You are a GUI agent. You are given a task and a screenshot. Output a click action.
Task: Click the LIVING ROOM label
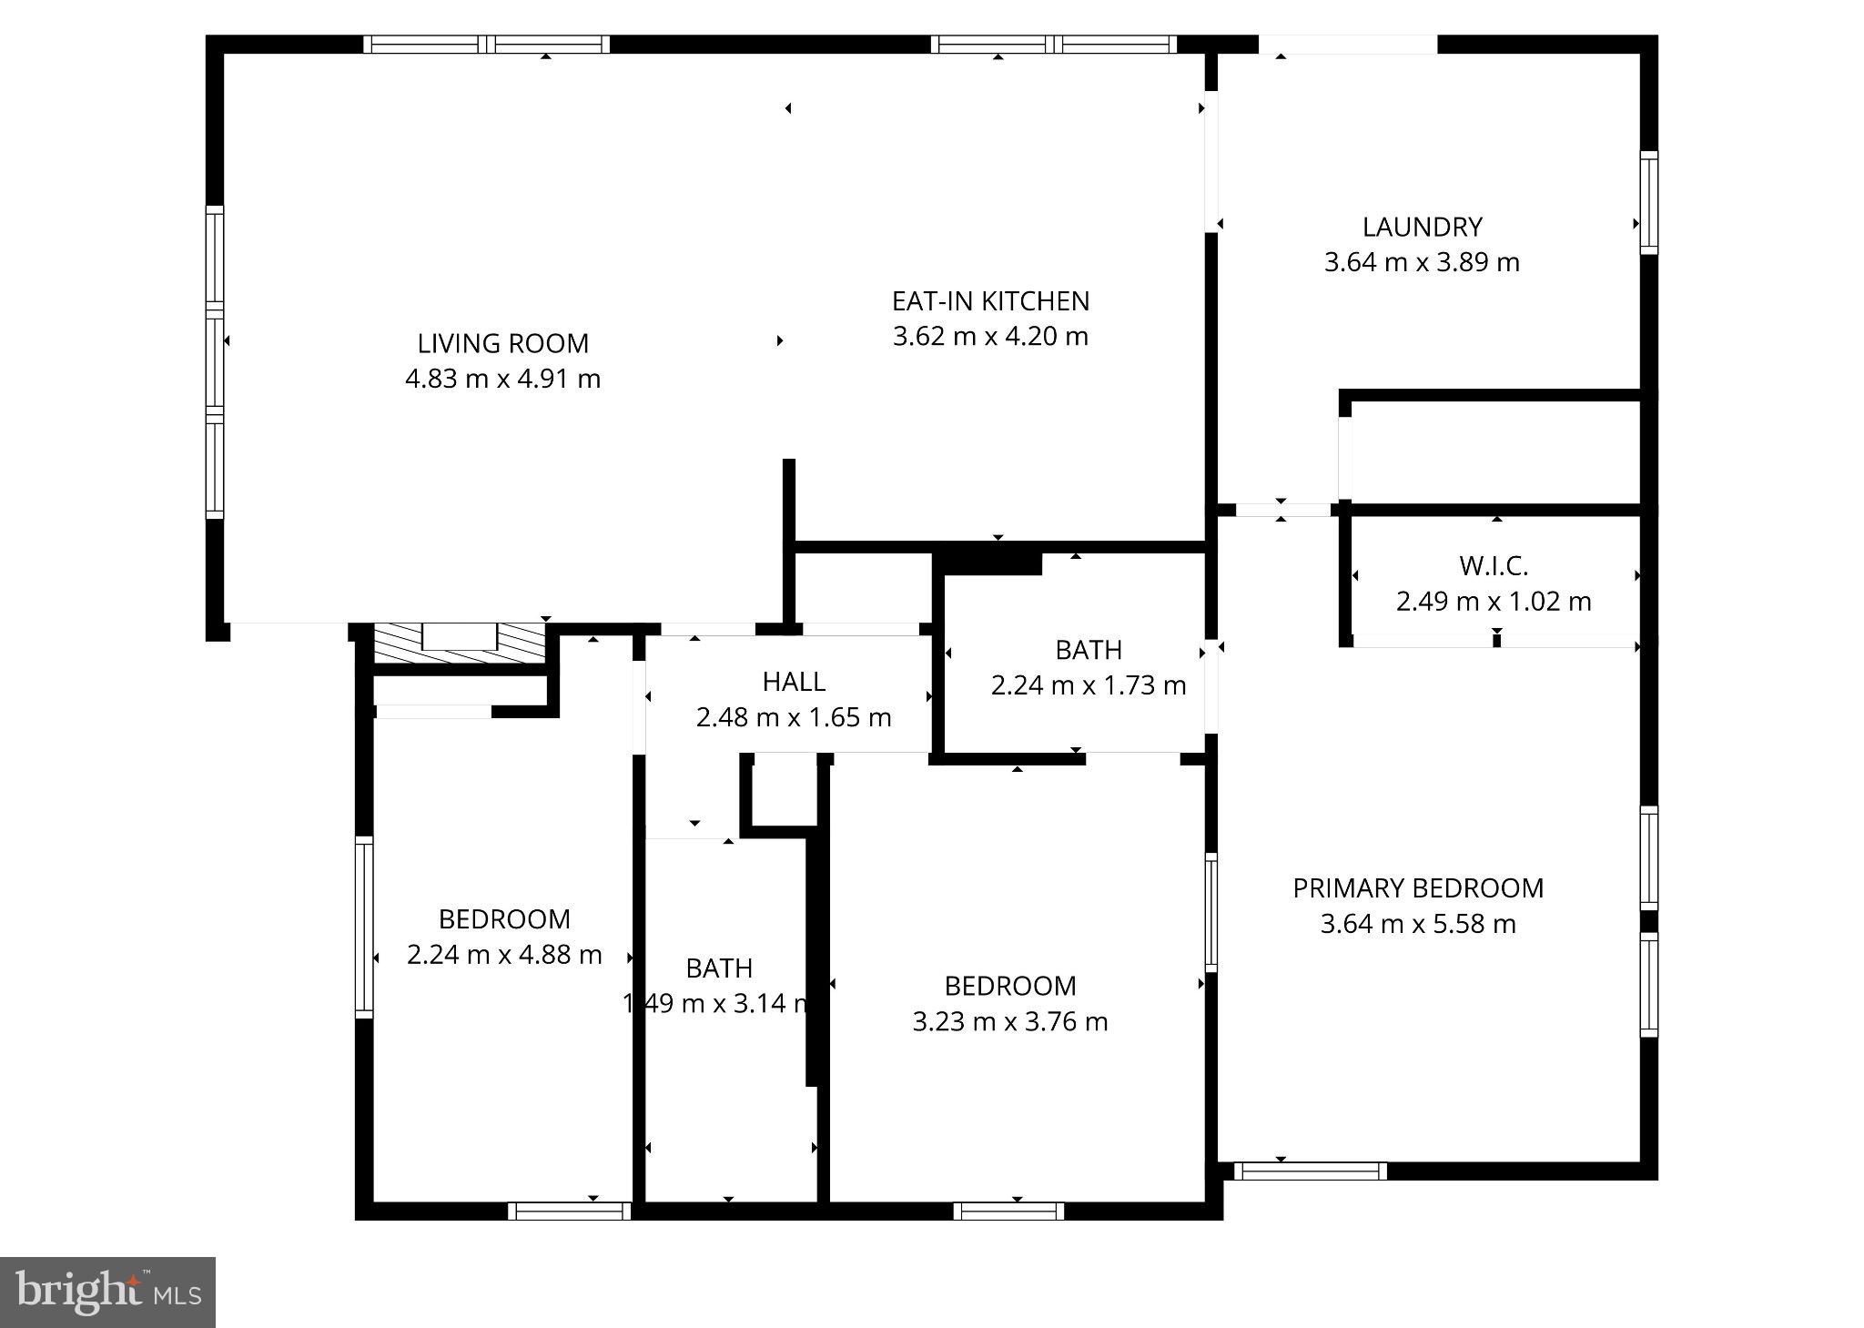(502, 343)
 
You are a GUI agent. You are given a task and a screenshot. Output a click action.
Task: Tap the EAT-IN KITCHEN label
(990, 301)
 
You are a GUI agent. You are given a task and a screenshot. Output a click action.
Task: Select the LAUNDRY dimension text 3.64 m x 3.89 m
(1422, 263)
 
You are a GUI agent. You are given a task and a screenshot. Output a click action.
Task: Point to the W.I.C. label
(1494, 566)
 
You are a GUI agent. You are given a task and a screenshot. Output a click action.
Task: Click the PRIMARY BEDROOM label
(1418, 888)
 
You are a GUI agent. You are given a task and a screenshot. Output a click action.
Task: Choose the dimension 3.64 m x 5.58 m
(1418, 925)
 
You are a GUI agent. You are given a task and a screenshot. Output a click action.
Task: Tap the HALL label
(794, 682)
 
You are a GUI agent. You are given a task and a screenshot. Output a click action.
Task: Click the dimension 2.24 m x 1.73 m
(1089, 685)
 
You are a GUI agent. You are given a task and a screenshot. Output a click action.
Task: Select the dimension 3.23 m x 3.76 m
(1010, 1022)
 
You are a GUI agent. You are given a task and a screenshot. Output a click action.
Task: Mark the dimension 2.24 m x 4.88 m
(504, 955)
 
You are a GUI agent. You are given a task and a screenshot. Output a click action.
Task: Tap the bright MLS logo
(107, 1292)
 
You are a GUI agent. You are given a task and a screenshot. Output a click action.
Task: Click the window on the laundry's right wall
(1648, 202)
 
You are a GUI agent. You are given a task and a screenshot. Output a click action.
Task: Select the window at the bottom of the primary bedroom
(1310, 1171)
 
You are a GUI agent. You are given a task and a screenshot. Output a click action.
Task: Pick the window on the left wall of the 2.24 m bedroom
(364, 926)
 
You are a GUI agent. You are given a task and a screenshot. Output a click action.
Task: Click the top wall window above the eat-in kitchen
(1053, 45)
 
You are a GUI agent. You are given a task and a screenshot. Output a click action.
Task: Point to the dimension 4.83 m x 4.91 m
(502, 379)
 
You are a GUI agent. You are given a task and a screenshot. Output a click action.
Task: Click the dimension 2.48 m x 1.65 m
(794, 718)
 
